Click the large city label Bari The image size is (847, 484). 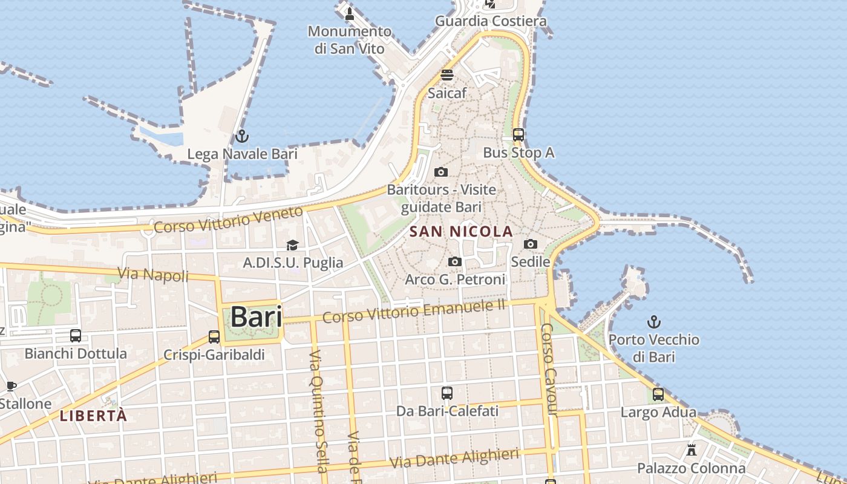point(257,317)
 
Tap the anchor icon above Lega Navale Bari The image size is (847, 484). point(242,136)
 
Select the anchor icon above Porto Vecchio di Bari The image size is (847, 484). point(654,322)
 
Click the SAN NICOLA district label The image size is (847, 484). point(461,231)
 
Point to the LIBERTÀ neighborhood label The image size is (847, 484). point(94,416)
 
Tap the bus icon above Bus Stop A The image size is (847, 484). point(518,135)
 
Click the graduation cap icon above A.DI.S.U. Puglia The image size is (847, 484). point(293,245)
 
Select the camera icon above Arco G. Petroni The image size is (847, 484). point(455,261)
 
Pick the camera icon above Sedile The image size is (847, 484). point(531,244)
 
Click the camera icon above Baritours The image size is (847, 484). point(441,172)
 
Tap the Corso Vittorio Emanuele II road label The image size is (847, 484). point(414,312)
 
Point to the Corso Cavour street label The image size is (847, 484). point(548,370)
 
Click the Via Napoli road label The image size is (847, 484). point(153,275)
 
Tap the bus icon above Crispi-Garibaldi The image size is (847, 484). point(214,337)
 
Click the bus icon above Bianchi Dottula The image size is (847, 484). point(76,335)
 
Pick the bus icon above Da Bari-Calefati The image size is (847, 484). point(447,393)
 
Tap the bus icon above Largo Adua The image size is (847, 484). point(658,394)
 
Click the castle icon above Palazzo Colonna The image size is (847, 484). point(692,450)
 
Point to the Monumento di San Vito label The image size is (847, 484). point(350,39)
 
